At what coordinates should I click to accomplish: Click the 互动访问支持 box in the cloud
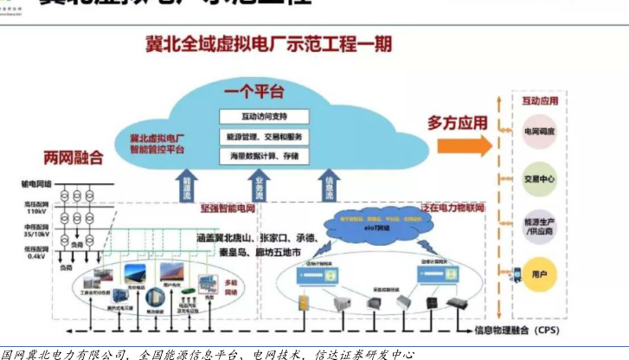261,116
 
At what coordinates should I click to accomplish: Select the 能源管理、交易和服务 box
261,136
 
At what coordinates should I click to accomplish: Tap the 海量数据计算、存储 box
261,156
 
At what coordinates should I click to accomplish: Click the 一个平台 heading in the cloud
251,91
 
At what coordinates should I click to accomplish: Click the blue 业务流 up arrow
259,185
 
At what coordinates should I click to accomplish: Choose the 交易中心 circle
540,179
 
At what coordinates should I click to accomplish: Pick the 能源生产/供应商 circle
540,227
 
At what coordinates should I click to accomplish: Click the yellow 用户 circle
540,274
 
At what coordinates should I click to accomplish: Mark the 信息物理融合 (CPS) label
513,330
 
